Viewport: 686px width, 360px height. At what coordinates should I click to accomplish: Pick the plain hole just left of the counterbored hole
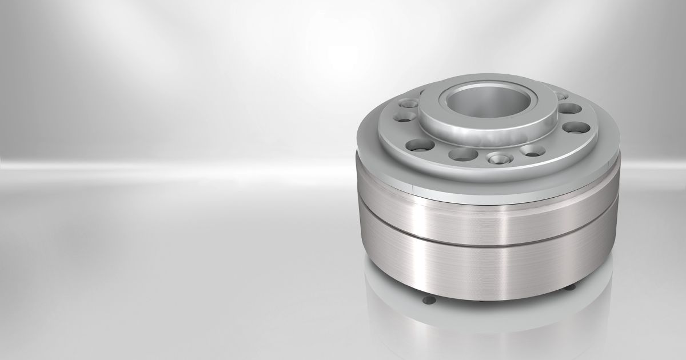pyautogui.click(x=463, y=154)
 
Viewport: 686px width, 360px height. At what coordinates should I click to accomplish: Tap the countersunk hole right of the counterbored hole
pyautogui.click(x=532, y=151)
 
